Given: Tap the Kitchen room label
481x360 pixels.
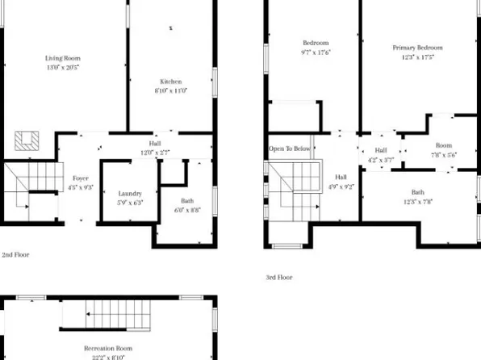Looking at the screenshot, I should point(170,86).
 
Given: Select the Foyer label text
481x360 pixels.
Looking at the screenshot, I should point(80,182).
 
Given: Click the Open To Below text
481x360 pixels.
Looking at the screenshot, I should point(290,149).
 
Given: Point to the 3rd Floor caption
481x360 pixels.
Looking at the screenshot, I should point(279,277).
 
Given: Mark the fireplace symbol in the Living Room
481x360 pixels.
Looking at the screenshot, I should point(27,140).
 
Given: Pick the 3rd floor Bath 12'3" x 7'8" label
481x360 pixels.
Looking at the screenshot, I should point(417,196).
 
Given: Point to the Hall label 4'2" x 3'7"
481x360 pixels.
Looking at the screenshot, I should point(381,154).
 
